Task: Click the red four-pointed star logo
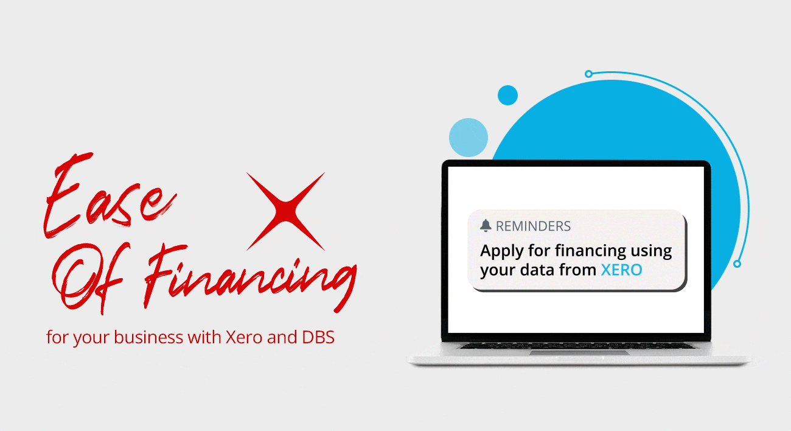[285, 211]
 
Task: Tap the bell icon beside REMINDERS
[486, 225]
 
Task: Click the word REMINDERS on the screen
[533, 226]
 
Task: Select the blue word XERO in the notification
[621, 270]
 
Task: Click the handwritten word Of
[90, 278]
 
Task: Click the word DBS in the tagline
[318, 337]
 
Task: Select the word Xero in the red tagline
[244, 337]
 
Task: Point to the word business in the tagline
[148, 337]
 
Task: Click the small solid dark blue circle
[507, 95]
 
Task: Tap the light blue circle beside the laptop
[469, 138]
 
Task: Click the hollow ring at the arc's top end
[588, 74]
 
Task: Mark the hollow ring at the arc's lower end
[737, 264]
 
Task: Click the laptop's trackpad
[579, 352]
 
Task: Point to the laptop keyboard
[577, 346]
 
